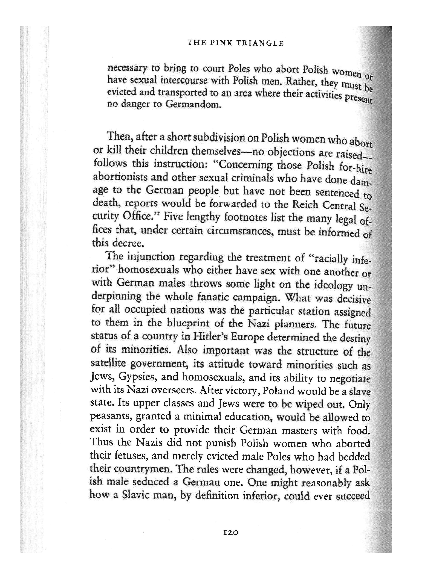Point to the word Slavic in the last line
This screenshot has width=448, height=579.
pos(138,495)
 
